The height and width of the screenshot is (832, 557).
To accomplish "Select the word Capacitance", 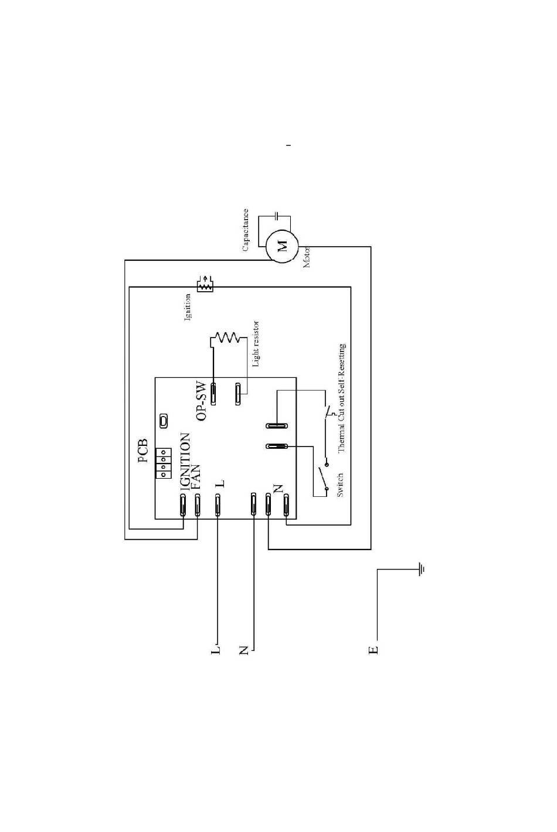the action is pos(246,230).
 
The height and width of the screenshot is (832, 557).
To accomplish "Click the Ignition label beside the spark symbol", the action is pos(189,307).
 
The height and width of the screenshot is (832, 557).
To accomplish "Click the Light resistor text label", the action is pos(256,344).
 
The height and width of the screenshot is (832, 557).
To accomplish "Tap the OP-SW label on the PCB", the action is pos(202,401).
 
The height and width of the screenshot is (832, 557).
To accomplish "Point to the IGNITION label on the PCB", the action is pos(185,462).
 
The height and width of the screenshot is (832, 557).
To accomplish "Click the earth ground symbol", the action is pos(420,568).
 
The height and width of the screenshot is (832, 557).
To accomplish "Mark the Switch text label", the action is pos(341,485).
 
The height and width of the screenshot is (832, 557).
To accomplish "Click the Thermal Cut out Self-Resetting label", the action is pos(342,398).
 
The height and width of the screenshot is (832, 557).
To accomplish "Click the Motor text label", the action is pos(307,257).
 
